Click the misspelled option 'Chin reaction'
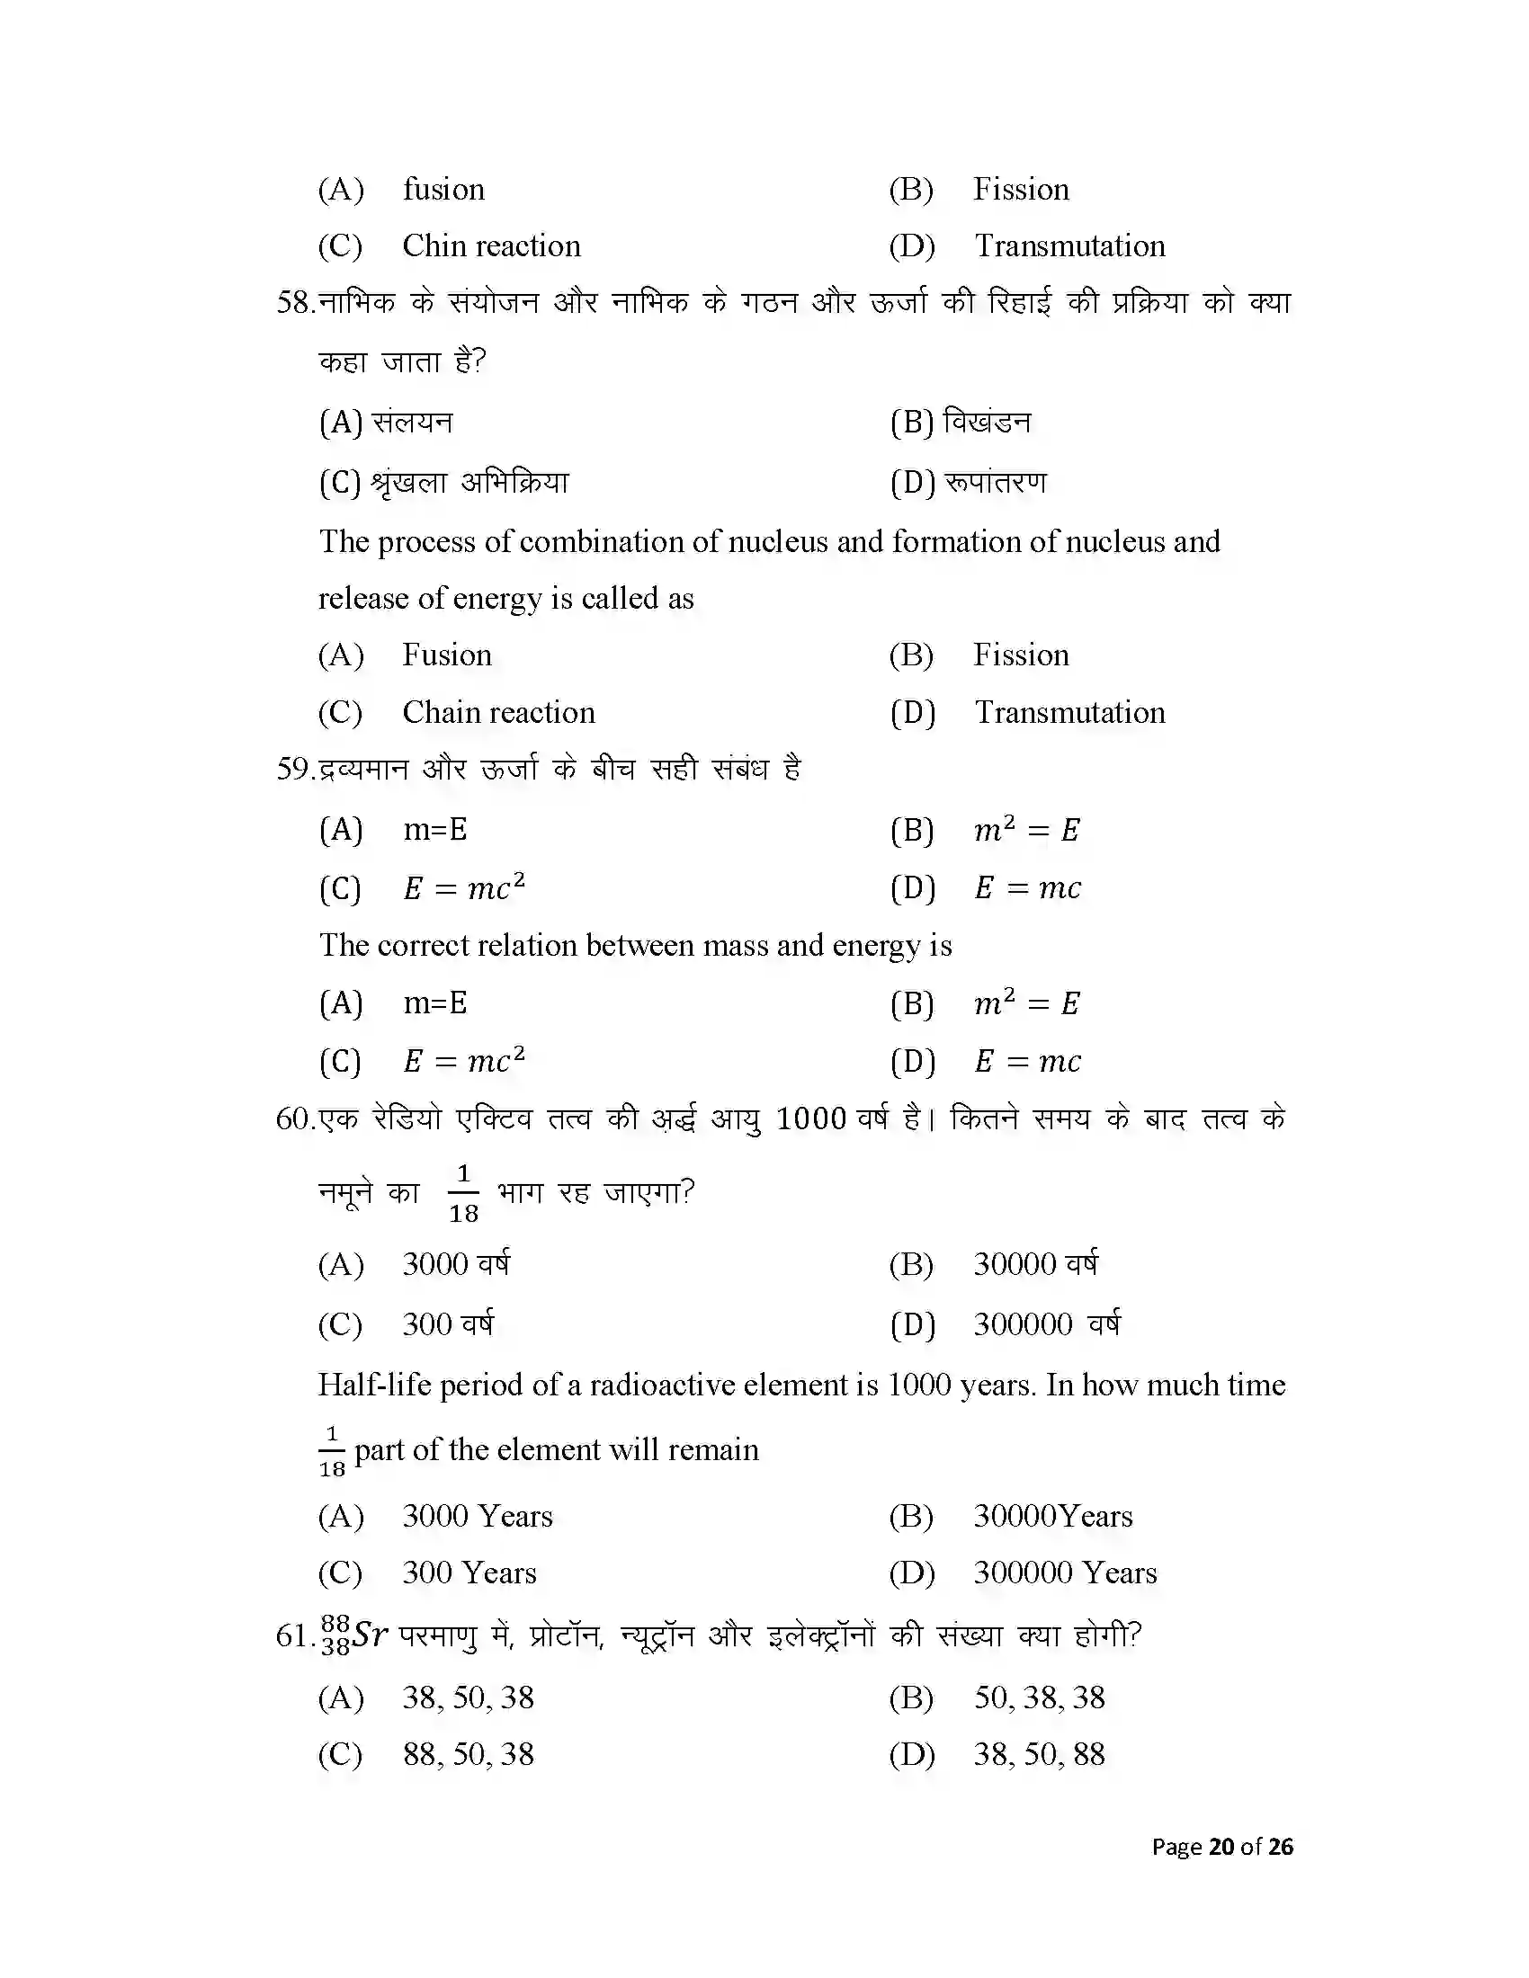(491, 246)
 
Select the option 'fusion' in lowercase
(443, 190)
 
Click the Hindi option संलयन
(412, 422)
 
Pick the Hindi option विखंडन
(987, 422)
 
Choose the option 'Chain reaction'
(498, 713)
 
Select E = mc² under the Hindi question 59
(464, 887)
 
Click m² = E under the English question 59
(1026, 1003)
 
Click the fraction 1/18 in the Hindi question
(463, 1193)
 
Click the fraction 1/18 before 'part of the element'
(333, 1451)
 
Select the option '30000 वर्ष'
(1035, 1264)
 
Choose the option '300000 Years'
(1065, 1573)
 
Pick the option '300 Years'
(469, 1573)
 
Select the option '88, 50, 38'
(469, 1755)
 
